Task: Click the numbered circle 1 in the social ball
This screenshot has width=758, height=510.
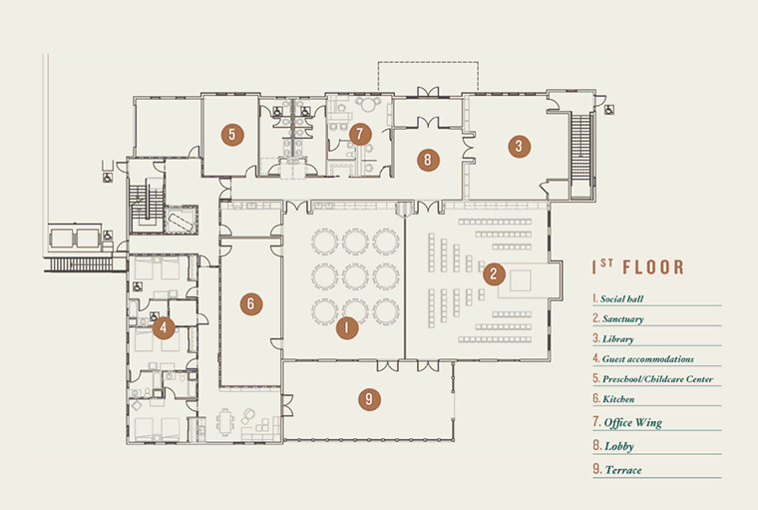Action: tap(347, 328)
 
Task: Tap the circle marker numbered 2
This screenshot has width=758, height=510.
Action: tap(494, 273)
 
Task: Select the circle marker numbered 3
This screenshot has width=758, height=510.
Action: tap(520, 146)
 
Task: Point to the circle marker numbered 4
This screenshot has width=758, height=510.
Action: tap(164, 328)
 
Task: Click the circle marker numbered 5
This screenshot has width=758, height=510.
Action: tap(232, 135)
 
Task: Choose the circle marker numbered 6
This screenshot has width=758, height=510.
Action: tap(251, 303)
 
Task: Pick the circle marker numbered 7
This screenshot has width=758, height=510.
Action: tap(360, 134)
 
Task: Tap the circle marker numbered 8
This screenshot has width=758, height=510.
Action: tap(428, 160)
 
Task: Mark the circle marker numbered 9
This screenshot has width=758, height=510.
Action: tap(369, 399)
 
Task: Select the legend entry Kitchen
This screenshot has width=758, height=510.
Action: tap(618, 399)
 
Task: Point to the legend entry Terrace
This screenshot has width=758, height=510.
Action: tap(623, 470)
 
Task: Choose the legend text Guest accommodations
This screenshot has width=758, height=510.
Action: tap(647, 359)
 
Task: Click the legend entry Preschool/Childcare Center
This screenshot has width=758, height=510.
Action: tap(657, 379)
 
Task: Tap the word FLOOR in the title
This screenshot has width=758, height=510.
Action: tap(653, 267)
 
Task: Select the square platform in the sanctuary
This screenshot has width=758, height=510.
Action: tap(521, 280)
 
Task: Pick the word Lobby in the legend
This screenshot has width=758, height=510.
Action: tap(619, 446)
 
